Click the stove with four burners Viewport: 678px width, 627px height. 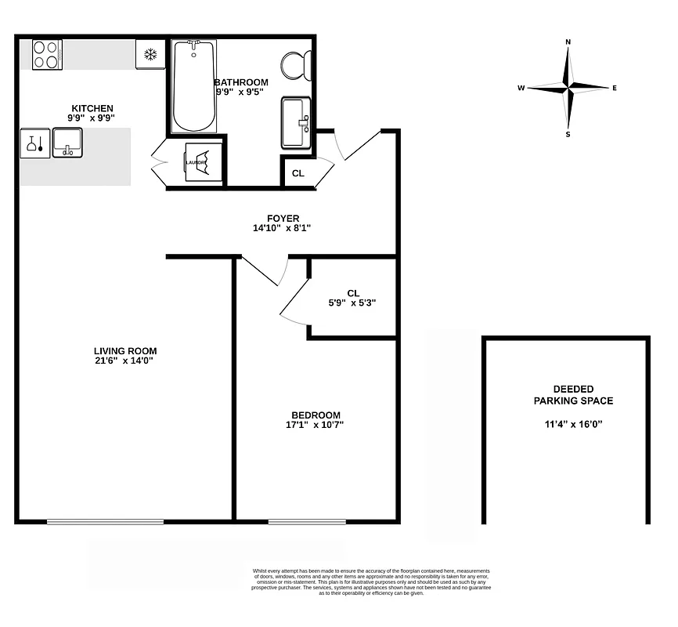point(47,55)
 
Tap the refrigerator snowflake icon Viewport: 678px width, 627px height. point(150,55)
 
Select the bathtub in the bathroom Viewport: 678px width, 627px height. point(193,88)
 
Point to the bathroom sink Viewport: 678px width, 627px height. point(296,122)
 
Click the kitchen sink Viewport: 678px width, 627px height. point(67,143)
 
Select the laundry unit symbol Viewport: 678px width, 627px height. point(196,162)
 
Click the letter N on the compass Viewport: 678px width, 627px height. point(568,42)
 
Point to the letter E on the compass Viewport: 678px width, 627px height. point(615,89)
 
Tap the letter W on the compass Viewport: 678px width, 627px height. point(520,89)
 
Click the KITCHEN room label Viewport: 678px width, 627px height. point(92,108)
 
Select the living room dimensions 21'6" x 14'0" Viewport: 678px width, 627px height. point(125,361)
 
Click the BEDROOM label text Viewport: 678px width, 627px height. point(316,415)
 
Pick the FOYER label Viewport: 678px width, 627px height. point(283,219)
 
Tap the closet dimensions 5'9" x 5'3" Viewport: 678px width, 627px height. point(352,303)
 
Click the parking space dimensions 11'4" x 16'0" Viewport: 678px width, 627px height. point(573,425)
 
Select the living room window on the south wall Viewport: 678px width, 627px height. point(105,521)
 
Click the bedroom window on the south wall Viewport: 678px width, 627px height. point(307,521)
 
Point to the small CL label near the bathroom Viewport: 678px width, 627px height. point(298,174)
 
